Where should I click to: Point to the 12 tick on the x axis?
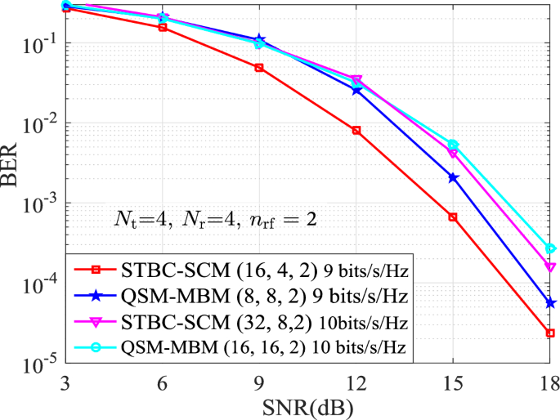356,382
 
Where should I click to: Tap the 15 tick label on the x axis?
453,382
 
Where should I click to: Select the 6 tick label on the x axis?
163,382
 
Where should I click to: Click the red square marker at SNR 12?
356,131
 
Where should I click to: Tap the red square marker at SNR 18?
550,333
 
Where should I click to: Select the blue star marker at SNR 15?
453,178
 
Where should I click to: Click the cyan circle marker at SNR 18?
550,248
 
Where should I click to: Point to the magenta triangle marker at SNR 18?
550,267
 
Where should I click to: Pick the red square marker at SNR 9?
259,68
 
